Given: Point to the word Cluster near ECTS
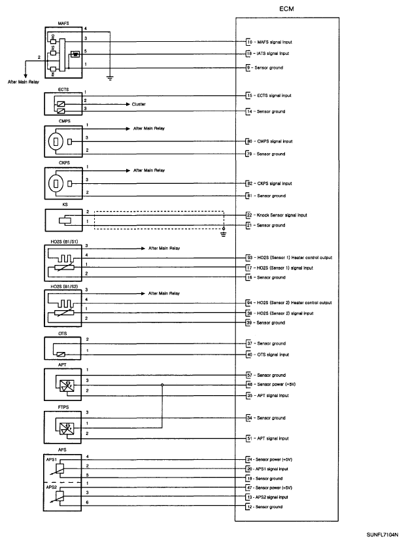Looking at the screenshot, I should coord(139,103).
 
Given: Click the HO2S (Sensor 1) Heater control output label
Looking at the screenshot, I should coord(294,258).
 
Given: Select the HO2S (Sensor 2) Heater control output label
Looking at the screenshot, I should coord(294,303).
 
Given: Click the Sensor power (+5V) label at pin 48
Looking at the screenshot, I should coord(275,385).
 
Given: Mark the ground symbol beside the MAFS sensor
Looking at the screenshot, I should coord(110,79).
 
